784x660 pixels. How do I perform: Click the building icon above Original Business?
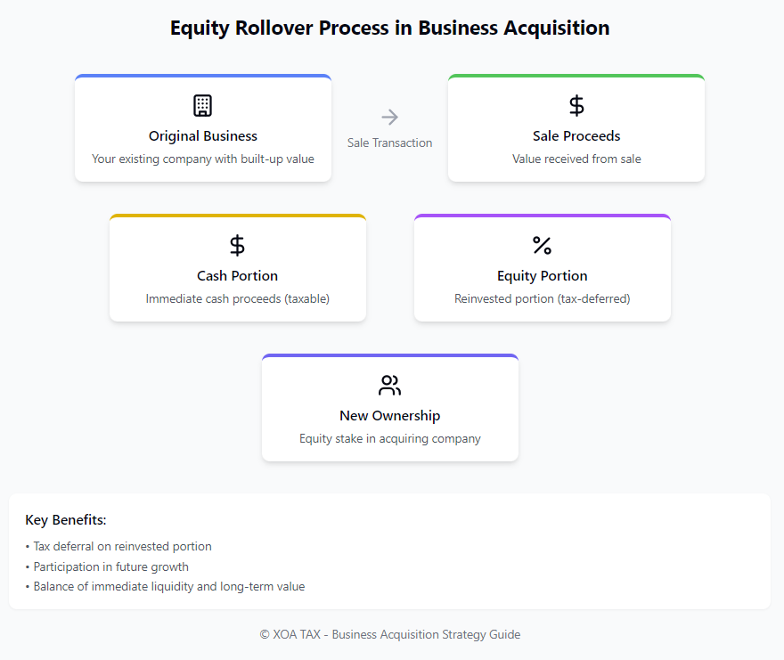coord(202,105)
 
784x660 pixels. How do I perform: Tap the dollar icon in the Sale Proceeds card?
coord(576,105)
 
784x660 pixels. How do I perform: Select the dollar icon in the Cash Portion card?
coord(237,246)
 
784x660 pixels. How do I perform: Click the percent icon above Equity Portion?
coord(542,246)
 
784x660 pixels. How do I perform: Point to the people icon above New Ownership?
coord(390,386)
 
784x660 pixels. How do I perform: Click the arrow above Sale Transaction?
coord(390,117)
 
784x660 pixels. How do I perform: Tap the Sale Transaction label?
coord(390,143)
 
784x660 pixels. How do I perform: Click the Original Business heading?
coord(203,136)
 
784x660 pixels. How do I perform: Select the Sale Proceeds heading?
coord(576,136)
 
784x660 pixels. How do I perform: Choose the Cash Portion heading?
coord(238,276)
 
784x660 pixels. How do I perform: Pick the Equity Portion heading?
coord(543,276)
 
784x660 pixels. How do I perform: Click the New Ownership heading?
coord(390,416)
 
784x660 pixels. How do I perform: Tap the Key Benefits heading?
coord(66,520)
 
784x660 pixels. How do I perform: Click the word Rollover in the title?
coord(274,28)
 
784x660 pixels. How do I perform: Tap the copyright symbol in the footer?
coord(265,634)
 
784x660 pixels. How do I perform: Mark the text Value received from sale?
coord(576,159)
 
